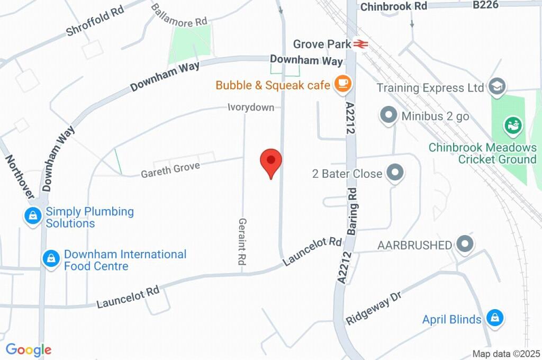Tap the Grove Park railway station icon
[362, 44]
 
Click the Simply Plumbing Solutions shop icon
[33, 215]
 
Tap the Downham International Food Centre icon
[51, 258]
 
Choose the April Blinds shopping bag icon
[494, 318]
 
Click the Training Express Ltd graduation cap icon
[497, 87]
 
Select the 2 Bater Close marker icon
[394, 173]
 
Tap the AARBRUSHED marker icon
[465, 244]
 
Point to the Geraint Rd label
[243, 242]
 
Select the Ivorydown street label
[251, 107]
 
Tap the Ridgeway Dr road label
[375, 309]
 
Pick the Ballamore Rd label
[178, 15]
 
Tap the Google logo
[29, 349]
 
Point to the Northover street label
[20, 176]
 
